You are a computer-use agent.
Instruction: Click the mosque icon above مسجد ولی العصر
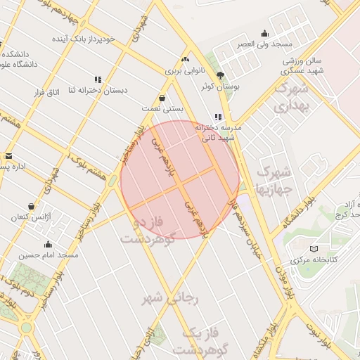click(x=264, y=33)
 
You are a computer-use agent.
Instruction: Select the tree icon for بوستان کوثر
click(x=221, y=75)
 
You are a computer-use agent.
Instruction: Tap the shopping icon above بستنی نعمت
click(x=163, y=98)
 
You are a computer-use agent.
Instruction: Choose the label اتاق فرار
click(x=49, y=93)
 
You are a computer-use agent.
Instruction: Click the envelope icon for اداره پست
click(x=8, y=156)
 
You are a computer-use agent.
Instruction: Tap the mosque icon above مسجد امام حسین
click(x=49, y=245)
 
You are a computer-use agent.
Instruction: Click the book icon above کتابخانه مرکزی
click(x=314, y=248)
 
